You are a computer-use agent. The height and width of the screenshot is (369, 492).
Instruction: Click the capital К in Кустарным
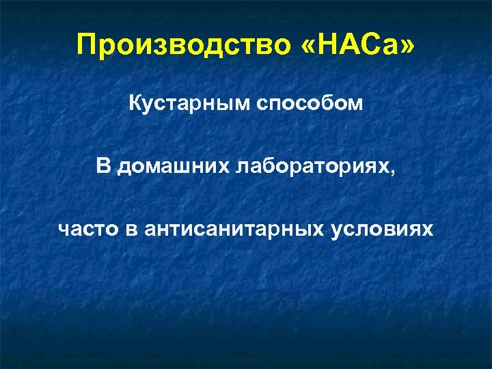[x=135, y=106]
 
